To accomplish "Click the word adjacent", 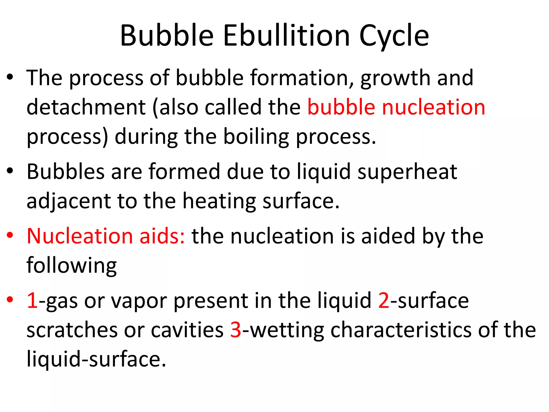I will [69, 201].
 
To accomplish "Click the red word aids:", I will [162, 236].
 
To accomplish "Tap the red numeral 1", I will [32, 300].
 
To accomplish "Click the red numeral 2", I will [384, 300].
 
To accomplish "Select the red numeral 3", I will [236, 330].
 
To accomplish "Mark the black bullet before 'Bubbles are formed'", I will [10, 171].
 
